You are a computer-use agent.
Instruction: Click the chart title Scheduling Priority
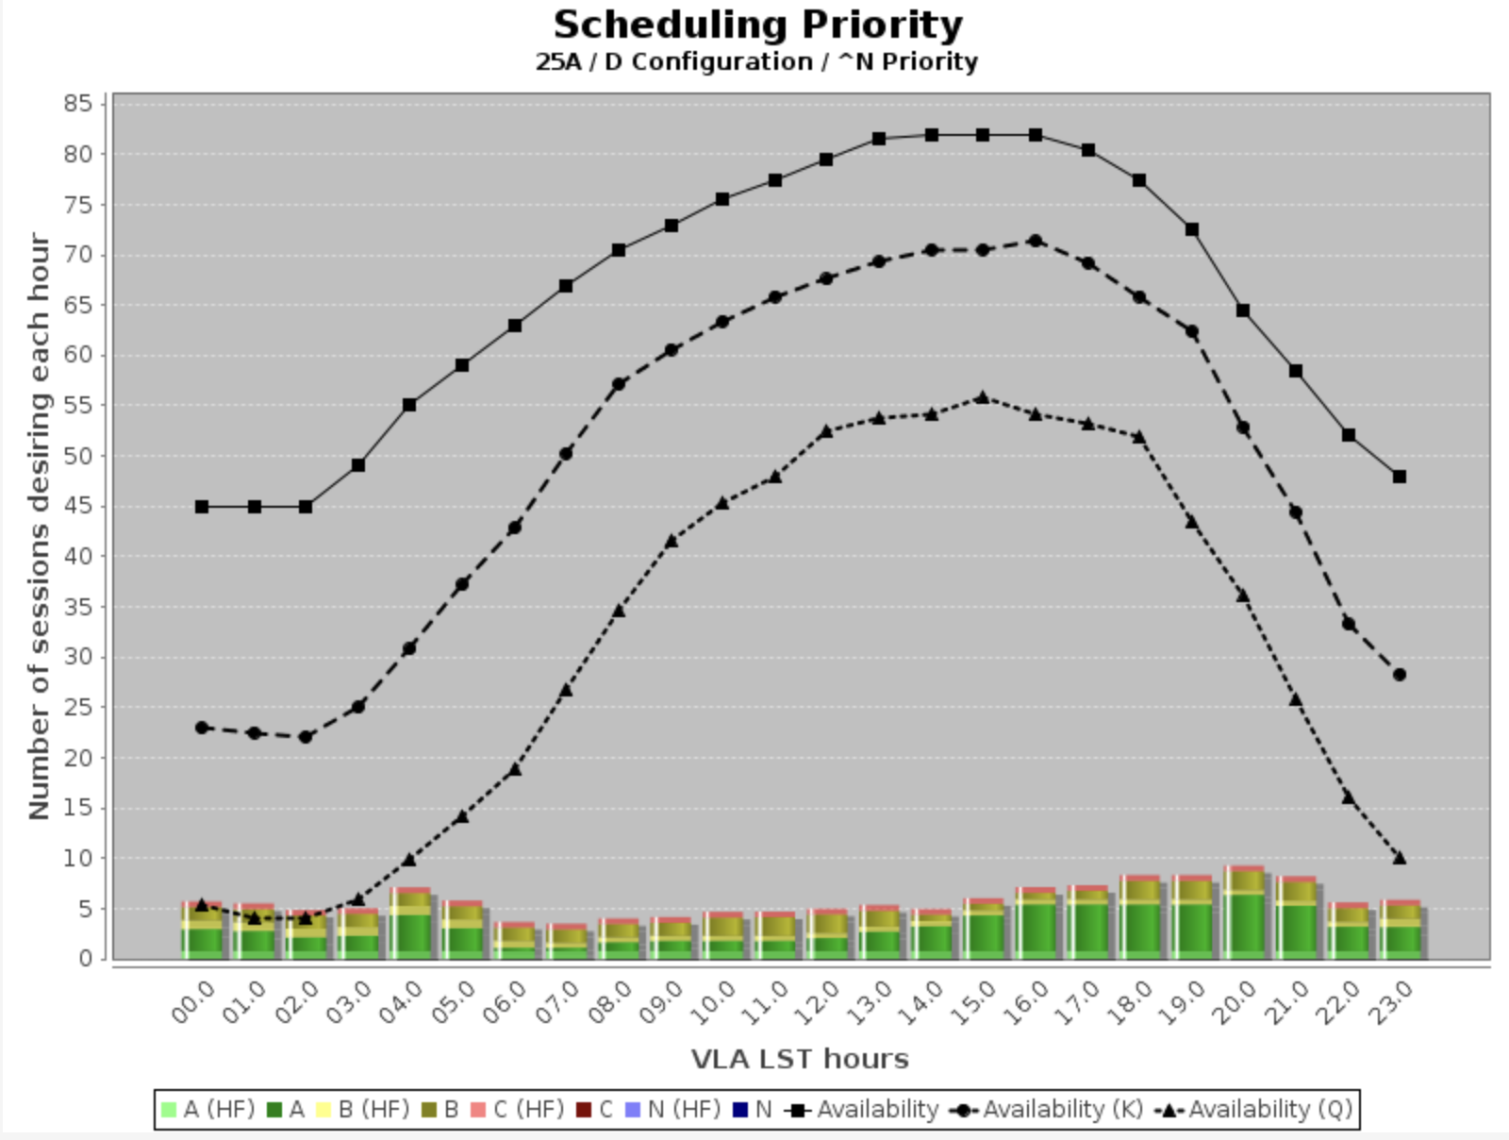pyautogui.click(x=757, y=25)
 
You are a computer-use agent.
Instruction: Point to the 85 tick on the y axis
pyautogui.click(x=78, y=104)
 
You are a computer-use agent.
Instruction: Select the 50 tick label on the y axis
pyautogui.click(x=78, y=456)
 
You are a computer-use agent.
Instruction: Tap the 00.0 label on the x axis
pyautogui.click(x=192, y=1002)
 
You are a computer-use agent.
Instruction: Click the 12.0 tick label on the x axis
pyautogui.click(x=816, y=1002)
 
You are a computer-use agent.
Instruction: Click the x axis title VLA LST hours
pyautogui.click(x=800, y=1059)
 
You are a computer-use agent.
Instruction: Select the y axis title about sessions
pyautogui.click(x=39, y=526)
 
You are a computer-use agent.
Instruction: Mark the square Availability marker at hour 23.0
pyautogui.click(x=1400, y=477)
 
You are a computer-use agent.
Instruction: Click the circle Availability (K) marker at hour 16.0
pyautogui.click(x=1035, y=241)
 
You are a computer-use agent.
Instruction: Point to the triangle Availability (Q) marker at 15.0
pyautogui.click(x=983, y=397)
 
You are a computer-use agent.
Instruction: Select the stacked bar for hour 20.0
pyautogui.click(x=1243, y=913)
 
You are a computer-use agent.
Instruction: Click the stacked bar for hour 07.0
pyautogui.click(x=566, y=941)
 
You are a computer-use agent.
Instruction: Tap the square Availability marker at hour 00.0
pyautogui.click(x=202, y=507)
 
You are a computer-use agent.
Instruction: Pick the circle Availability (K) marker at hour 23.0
pyautogui.click(x=1400, y=675)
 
